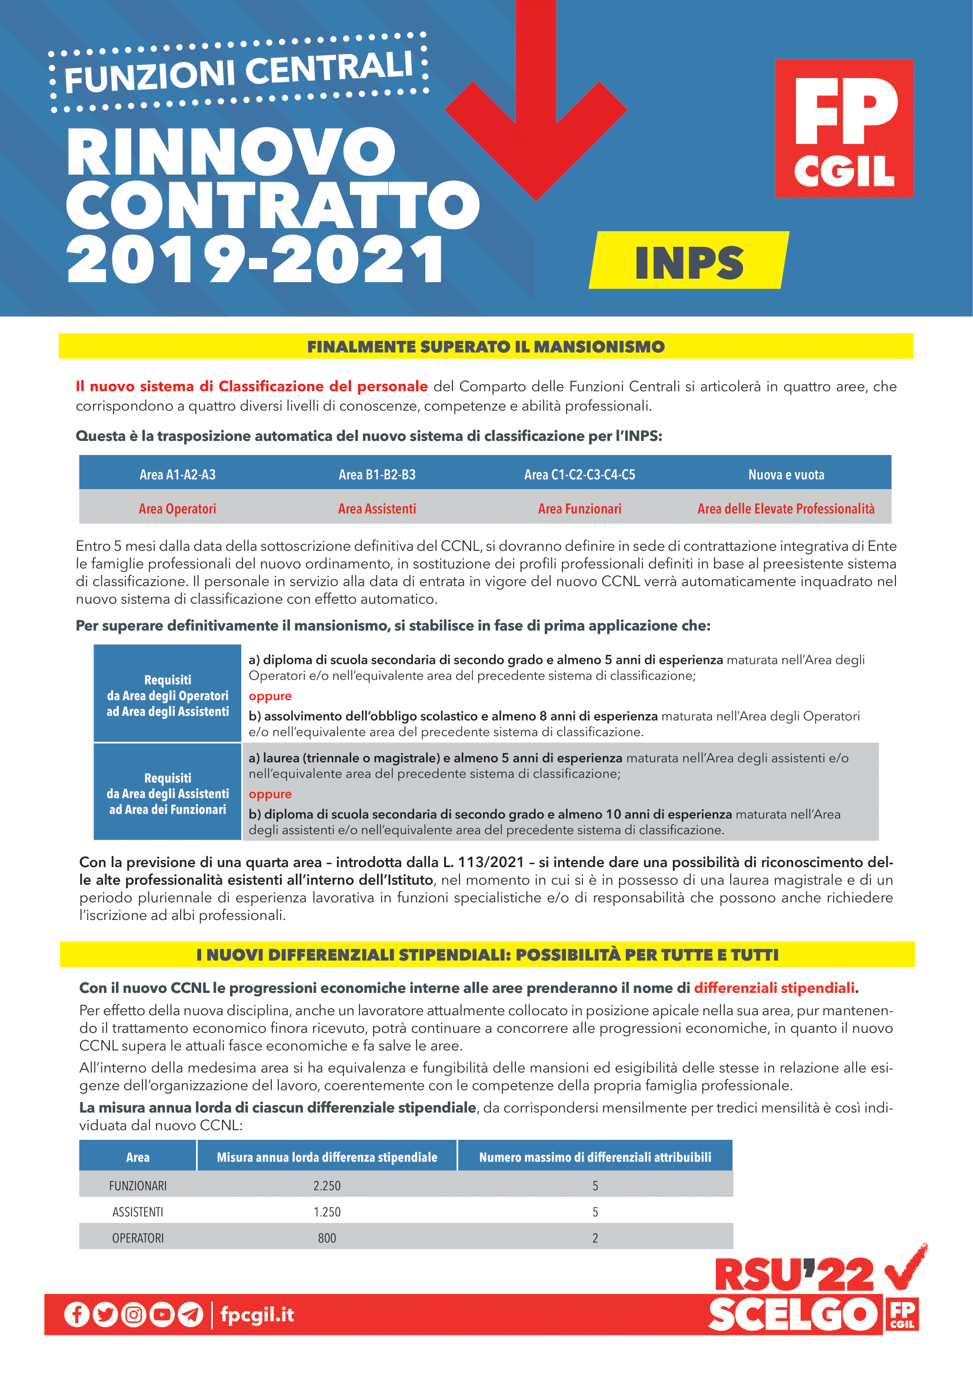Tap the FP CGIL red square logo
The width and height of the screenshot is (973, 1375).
844,128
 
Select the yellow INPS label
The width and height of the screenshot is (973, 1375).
689,262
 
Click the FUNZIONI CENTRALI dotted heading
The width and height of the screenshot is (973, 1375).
238,73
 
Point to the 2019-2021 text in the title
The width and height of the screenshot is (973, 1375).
255,259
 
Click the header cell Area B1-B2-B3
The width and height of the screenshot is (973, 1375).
377,475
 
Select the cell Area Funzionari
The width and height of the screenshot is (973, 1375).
579,509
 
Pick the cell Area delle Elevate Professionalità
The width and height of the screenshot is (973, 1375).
785,509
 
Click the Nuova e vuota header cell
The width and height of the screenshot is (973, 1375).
786,475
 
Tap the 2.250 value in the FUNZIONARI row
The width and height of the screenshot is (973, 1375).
326,1186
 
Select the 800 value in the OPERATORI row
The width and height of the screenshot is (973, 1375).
326,1238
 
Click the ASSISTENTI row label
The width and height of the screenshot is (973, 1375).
138,1212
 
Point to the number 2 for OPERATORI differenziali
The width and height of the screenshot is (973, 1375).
595,1238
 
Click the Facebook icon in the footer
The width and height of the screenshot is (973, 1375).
76,1314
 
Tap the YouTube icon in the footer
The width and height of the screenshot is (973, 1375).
162,1314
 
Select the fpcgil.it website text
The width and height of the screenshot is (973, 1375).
257,1314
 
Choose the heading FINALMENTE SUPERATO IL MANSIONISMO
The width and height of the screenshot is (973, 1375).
486,347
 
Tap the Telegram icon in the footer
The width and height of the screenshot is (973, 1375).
191,1314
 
